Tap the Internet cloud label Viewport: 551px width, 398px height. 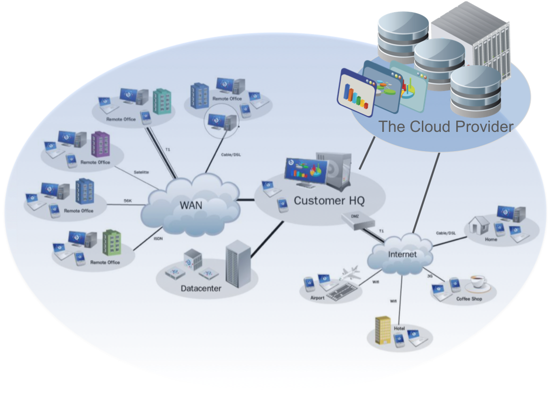pyautogui.click(x=402, y=254)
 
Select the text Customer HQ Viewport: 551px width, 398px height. pyautogui.click(x=329, y=201)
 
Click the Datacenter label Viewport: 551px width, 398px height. pyautogui.click(x=201, y=288)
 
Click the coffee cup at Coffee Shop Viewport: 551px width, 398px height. pyautogui.click(x=478, y=284)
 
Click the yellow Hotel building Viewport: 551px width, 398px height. pyautogui.click(x=383, y=329)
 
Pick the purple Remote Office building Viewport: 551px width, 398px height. pyautogui.click(x=100, y=144)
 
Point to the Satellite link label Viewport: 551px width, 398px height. pyautogui.click(x=141, y=172)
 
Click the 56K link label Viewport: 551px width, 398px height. pyautogui.click(x=128, y=201)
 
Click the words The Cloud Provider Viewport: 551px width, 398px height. pyautogui.click(x=445, y=127)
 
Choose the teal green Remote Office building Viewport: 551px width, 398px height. pyautogui.click(x=162, y=101)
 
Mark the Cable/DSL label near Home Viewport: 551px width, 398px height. pyautogui.click(x=445, y=233)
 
